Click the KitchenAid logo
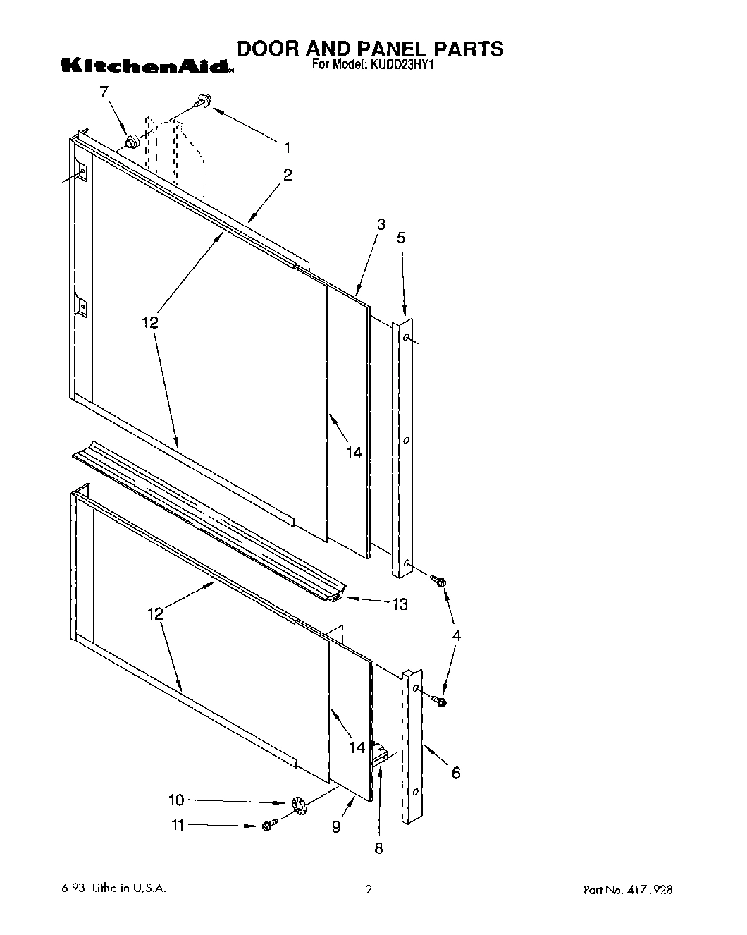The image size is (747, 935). click(146, 67)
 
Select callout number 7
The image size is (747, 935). click(104, 92)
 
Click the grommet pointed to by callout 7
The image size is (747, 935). click(131, 143)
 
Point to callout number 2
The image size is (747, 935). click(288, 175)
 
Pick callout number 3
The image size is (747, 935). click(381, 225)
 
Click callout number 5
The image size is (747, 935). click(401, 238)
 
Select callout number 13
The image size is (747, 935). click(400, 604)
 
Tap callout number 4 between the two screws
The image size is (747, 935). click(456, 635)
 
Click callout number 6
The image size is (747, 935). click(455, 773)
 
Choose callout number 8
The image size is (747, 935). click(378, 848)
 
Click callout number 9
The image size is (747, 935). click(336, 826)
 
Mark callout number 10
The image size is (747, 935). click(176, 800)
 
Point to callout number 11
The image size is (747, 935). click(177, 824)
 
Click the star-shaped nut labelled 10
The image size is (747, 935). click(298, 805)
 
